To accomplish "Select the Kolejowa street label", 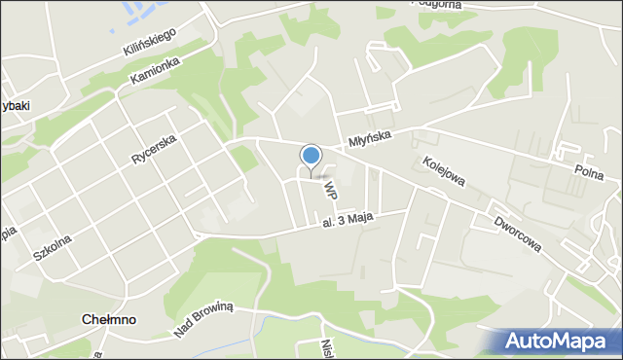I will point(444,170).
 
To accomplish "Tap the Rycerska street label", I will point(154,148).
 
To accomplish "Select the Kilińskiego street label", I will point(149,41).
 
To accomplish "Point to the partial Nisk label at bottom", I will point(328,349).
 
